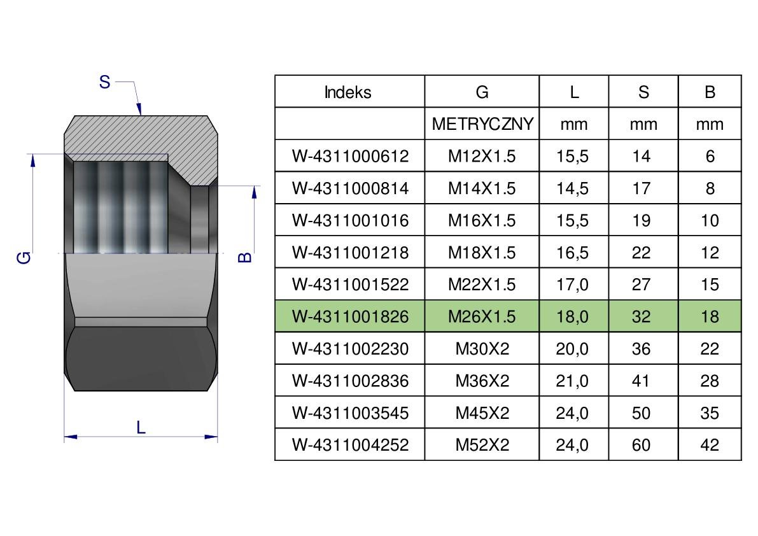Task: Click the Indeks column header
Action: pos(347,92)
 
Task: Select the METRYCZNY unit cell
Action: pos(482,123)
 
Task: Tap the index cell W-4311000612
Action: pos(351,156)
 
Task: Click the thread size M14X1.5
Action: pos(482,188)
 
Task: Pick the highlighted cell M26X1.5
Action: pos(482,316)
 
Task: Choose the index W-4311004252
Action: pos(351,445)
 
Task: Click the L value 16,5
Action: pos(572,252)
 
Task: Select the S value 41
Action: pos(641,381)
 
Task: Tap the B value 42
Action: pos(710,445)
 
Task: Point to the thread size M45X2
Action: pos(482,413)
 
